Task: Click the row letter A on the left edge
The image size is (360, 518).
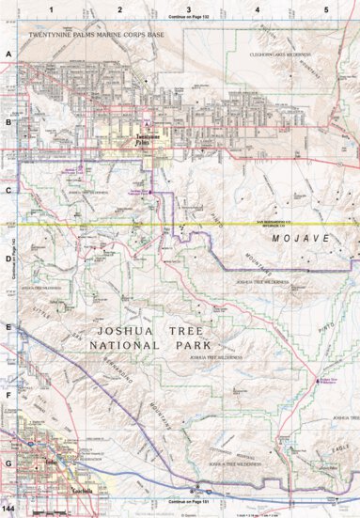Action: (8, 55)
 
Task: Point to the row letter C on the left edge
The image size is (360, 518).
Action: (8, 191)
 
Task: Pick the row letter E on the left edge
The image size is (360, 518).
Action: (8, 327)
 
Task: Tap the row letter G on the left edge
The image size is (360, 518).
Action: (8, 463)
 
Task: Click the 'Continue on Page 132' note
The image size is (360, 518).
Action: (188, 17)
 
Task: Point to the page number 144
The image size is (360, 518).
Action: (8, 509)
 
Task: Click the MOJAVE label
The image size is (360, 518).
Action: (300, 240)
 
